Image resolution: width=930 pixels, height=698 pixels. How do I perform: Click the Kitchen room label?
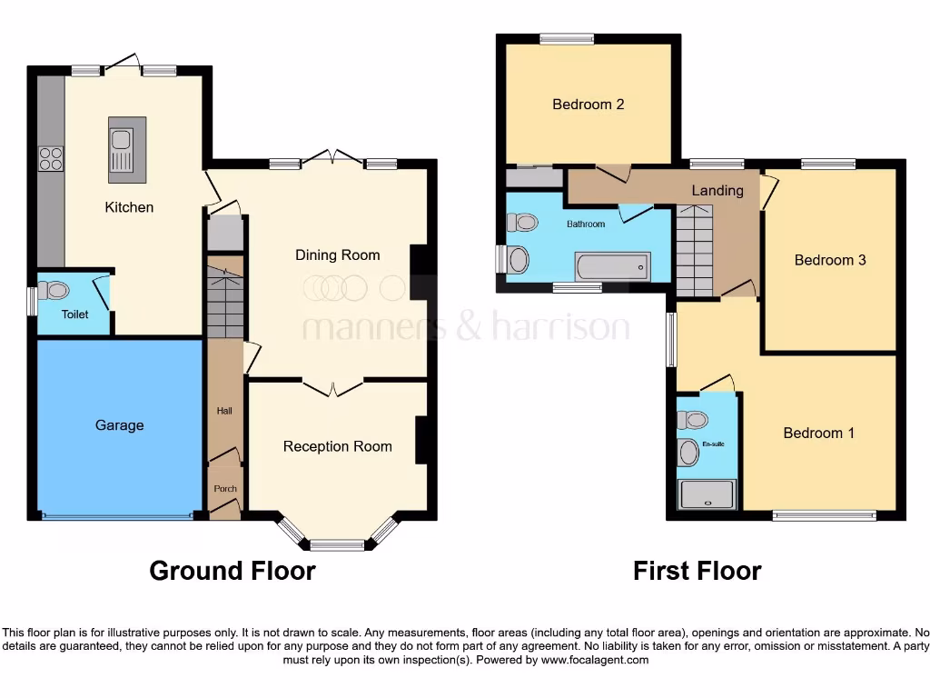129,207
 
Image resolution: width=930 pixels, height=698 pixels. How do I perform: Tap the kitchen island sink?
121,145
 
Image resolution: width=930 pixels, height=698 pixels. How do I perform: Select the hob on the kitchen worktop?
51,159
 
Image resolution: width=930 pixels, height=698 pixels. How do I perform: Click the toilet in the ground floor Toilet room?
57,291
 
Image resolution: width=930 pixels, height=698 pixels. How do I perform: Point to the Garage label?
119,425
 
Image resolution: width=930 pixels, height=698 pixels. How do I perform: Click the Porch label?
224,489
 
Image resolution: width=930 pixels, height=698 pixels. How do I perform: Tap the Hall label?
224,411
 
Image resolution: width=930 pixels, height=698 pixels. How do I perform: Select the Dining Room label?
337,255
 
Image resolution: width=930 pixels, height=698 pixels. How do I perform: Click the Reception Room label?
337,446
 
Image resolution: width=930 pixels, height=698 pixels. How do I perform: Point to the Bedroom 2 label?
588,105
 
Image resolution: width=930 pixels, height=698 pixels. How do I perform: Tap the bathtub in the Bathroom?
612,265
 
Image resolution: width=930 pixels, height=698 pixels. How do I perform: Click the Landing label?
717,191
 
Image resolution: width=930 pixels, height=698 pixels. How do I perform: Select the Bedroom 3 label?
830,260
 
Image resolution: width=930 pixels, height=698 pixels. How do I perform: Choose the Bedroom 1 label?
818,434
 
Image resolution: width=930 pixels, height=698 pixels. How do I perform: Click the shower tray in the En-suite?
707,494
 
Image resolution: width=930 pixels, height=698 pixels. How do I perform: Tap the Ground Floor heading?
232,571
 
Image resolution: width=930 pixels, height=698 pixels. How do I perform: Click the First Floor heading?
697,571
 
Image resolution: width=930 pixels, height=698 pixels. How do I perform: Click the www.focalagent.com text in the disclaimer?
595,660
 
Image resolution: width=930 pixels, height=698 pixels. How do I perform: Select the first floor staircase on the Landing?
696,250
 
